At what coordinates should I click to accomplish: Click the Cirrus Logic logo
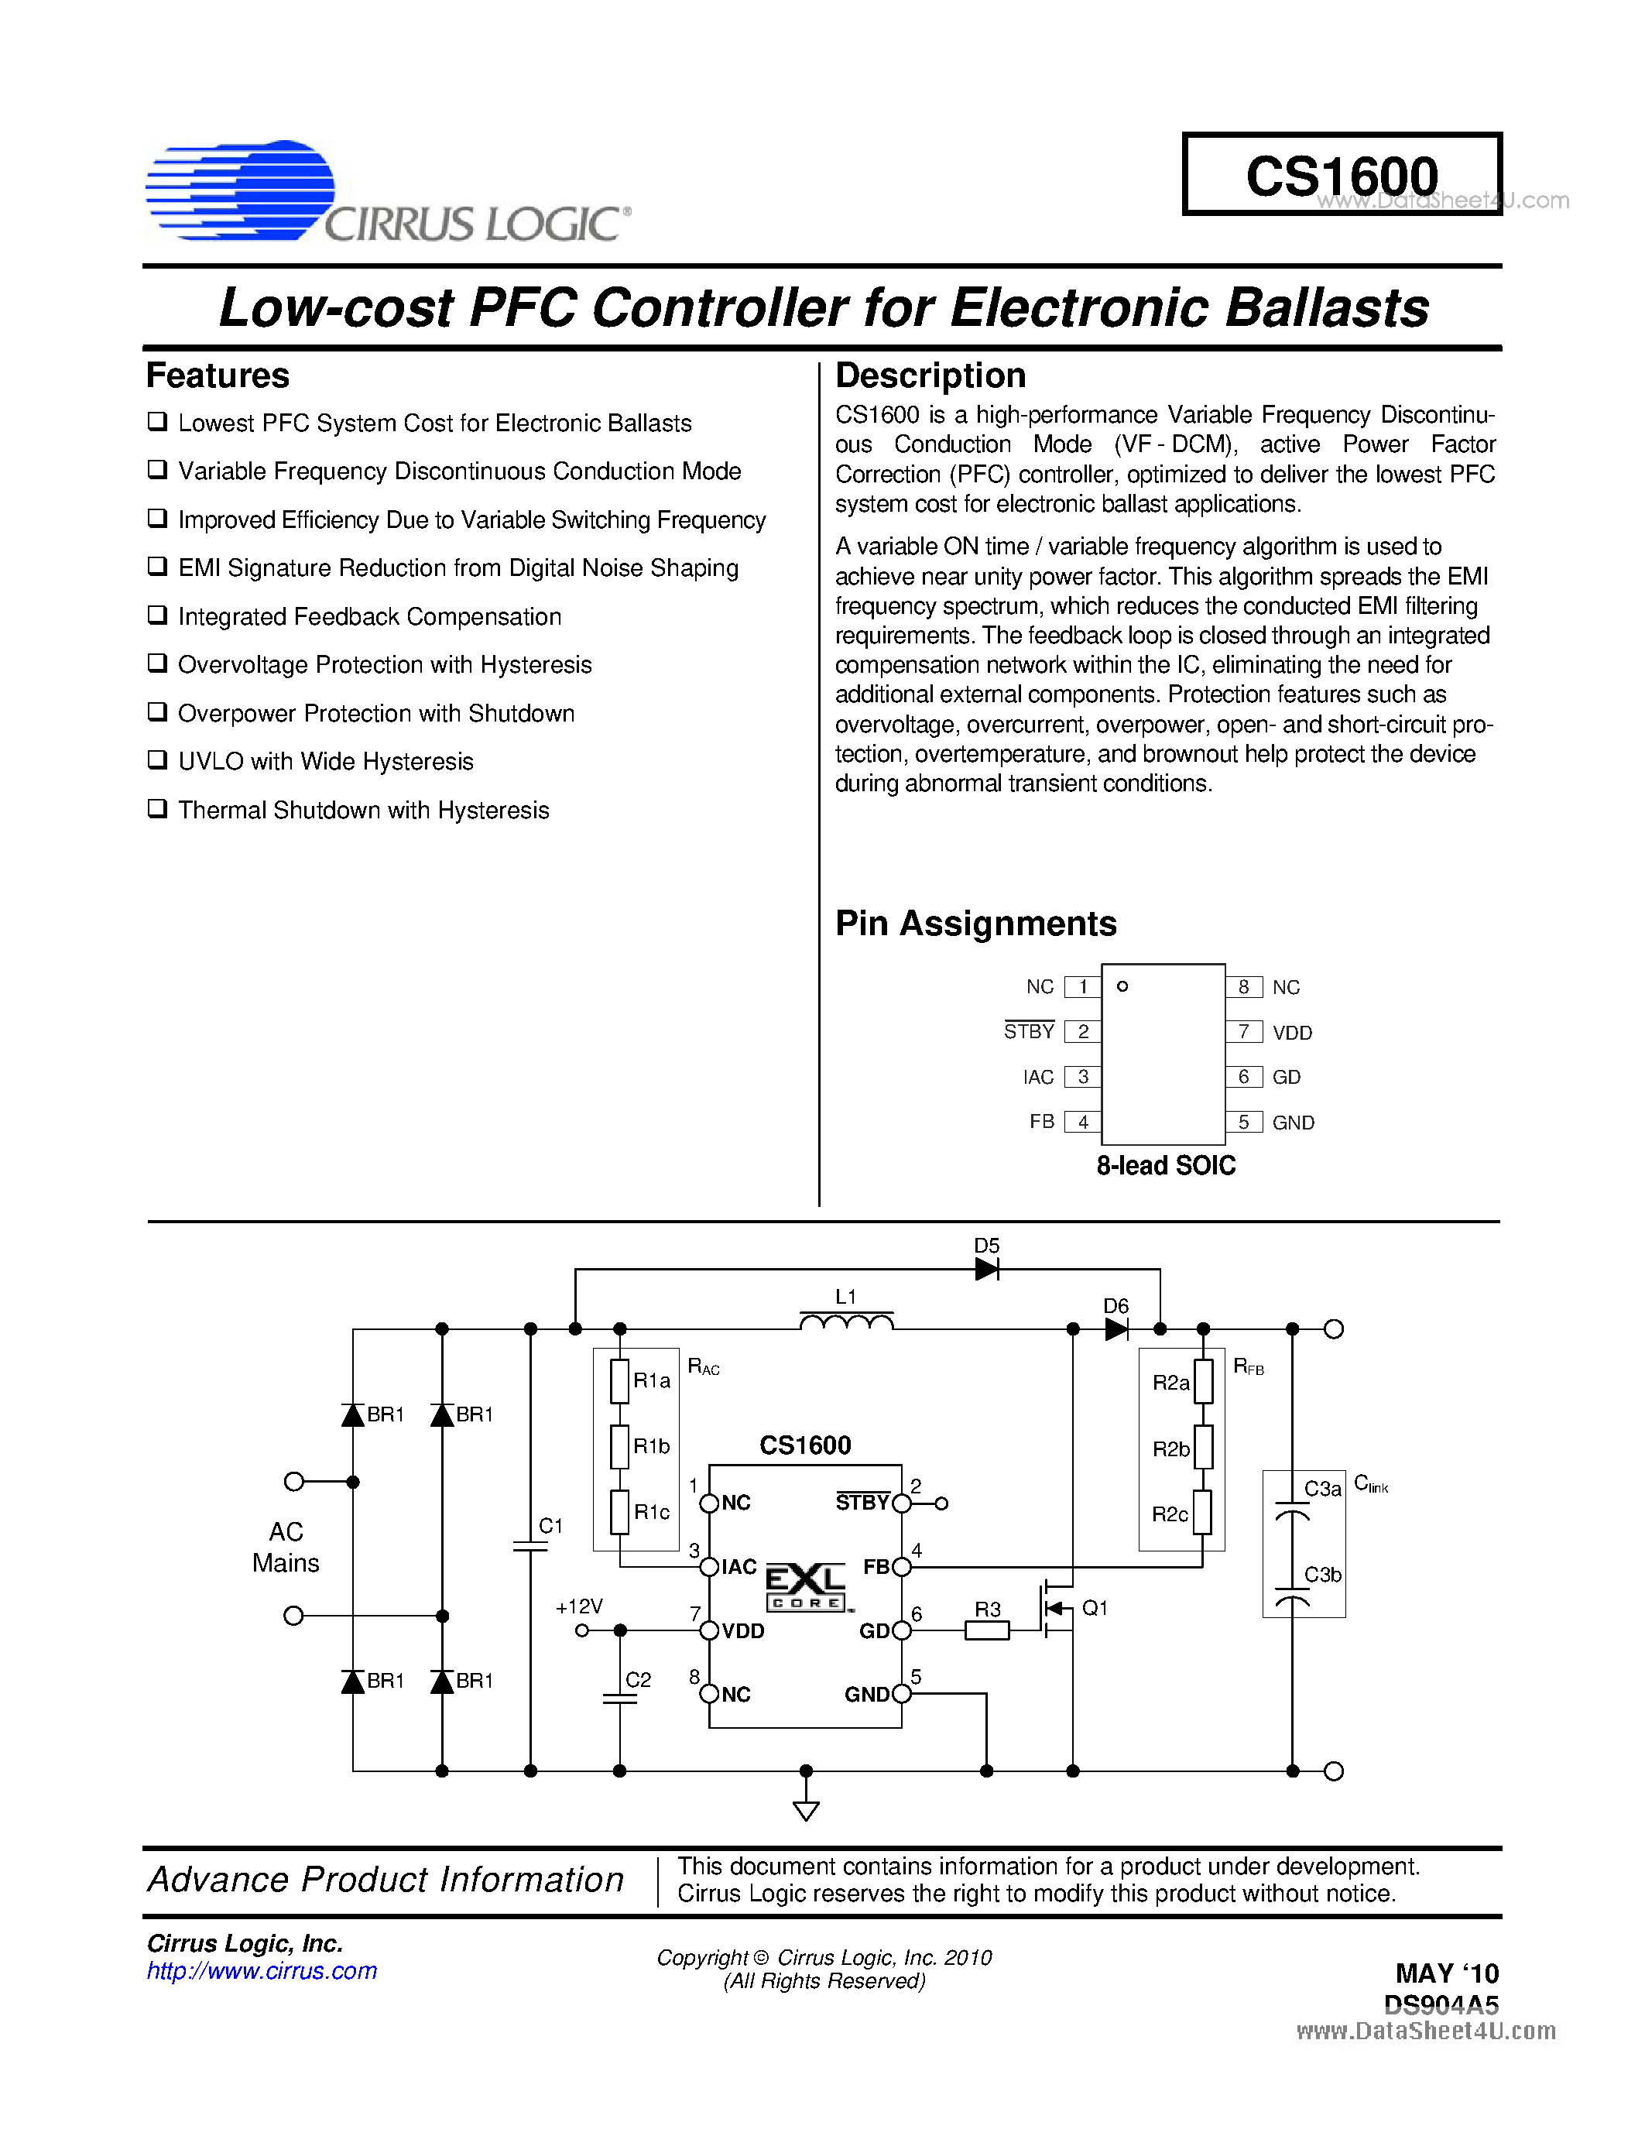click(387, 191)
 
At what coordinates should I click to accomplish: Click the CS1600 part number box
click(1341, 174)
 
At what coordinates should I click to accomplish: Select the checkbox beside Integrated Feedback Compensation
click(157, 615)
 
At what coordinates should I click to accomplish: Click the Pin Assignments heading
click(975, 923)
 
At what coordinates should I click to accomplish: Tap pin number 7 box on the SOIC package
click(1243, 1031)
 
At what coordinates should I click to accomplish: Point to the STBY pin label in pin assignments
click(1029, 1031)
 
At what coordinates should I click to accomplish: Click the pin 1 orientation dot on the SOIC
click(1122, 986)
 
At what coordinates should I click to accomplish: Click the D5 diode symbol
click(986, 1269)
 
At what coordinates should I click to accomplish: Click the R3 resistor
click(987, 1630)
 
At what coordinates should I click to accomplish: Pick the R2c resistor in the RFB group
click(1204, 1513)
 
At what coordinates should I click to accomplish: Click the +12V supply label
click(579, 1606)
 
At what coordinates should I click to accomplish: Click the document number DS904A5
click(1441, 2004)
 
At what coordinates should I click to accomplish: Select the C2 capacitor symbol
click(620, 1698)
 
